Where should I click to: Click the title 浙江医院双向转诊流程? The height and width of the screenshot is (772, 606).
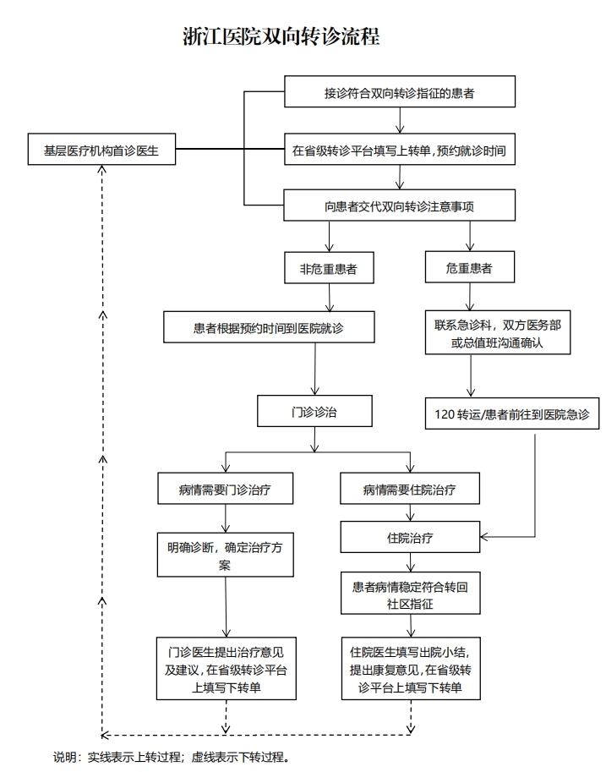[x=281, y=37]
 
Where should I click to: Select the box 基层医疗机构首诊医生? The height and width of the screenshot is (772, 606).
[x=101, y=149]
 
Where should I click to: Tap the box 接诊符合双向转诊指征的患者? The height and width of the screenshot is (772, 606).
[x=400, y=91]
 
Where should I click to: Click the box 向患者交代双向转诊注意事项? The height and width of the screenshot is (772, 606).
[x=399, y=205]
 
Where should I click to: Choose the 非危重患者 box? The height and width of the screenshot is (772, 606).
[x=329, y=268]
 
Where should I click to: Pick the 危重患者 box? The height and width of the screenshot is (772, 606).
[x=470, y=267]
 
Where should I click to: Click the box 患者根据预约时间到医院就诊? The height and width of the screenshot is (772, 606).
[x=269, y=327]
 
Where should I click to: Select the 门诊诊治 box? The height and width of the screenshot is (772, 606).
[x=314, y=411]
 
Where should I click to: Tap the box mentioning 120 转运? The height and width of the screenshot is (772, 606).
[x=512, y=413]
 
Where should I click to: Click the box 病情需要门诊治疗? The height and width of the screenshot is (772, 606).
[x=226, y=489]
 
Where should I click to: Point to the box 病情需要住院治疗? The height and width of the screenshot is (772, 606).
[x=410, y=489]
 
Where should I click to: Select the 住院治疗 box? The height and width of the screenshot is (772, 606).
[x=410, y=537]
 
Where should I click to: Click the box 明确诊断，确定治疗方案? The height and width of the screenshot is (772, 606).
[x=226, y=555]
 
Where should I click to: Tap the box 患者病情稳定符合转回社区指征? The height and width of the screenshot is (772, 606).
[x=411, y=594]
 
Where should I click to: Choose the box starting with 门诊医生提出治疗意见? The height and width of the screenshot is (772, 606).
[x=227, y=669]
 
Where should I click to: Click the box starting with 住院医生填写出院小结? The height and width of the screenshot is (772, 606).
[x=411, y=669]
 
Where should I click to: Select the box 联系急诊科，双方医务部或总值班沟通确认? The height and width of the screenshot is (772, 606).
[x=498, y=332]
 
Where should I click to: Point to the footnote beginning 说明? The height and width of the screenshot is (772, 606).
[x=171, y=757]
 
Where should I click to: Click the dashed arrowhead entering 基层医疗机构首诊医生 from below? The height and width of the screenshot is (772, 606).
[x=102, y=170]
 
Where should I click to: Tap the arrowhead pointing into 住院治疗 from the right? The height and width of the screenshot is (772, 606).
[x=484, y=537]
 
